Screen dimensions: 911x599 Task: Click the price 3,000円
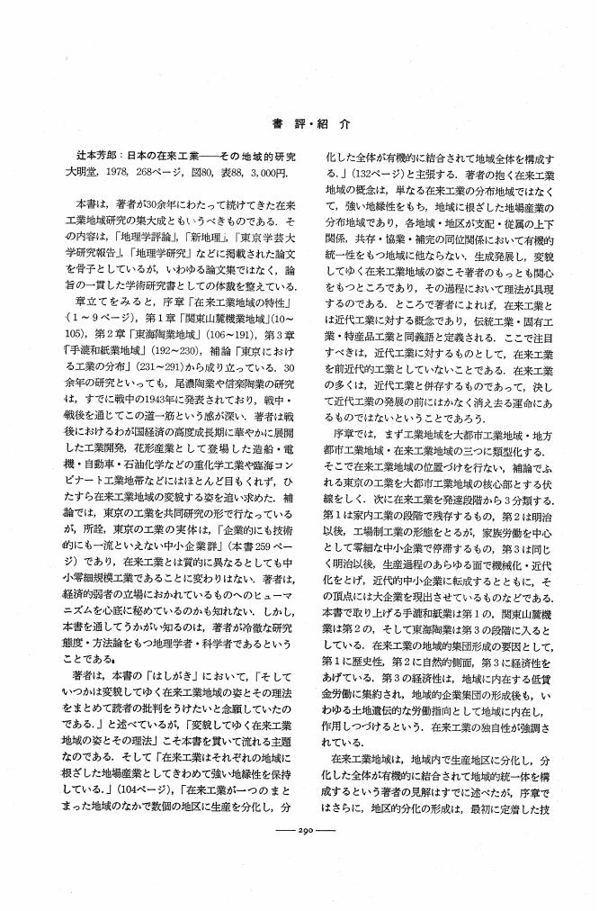coord(265,173)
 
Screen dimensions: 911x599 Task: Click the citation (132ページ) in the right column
coord(365,173)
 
